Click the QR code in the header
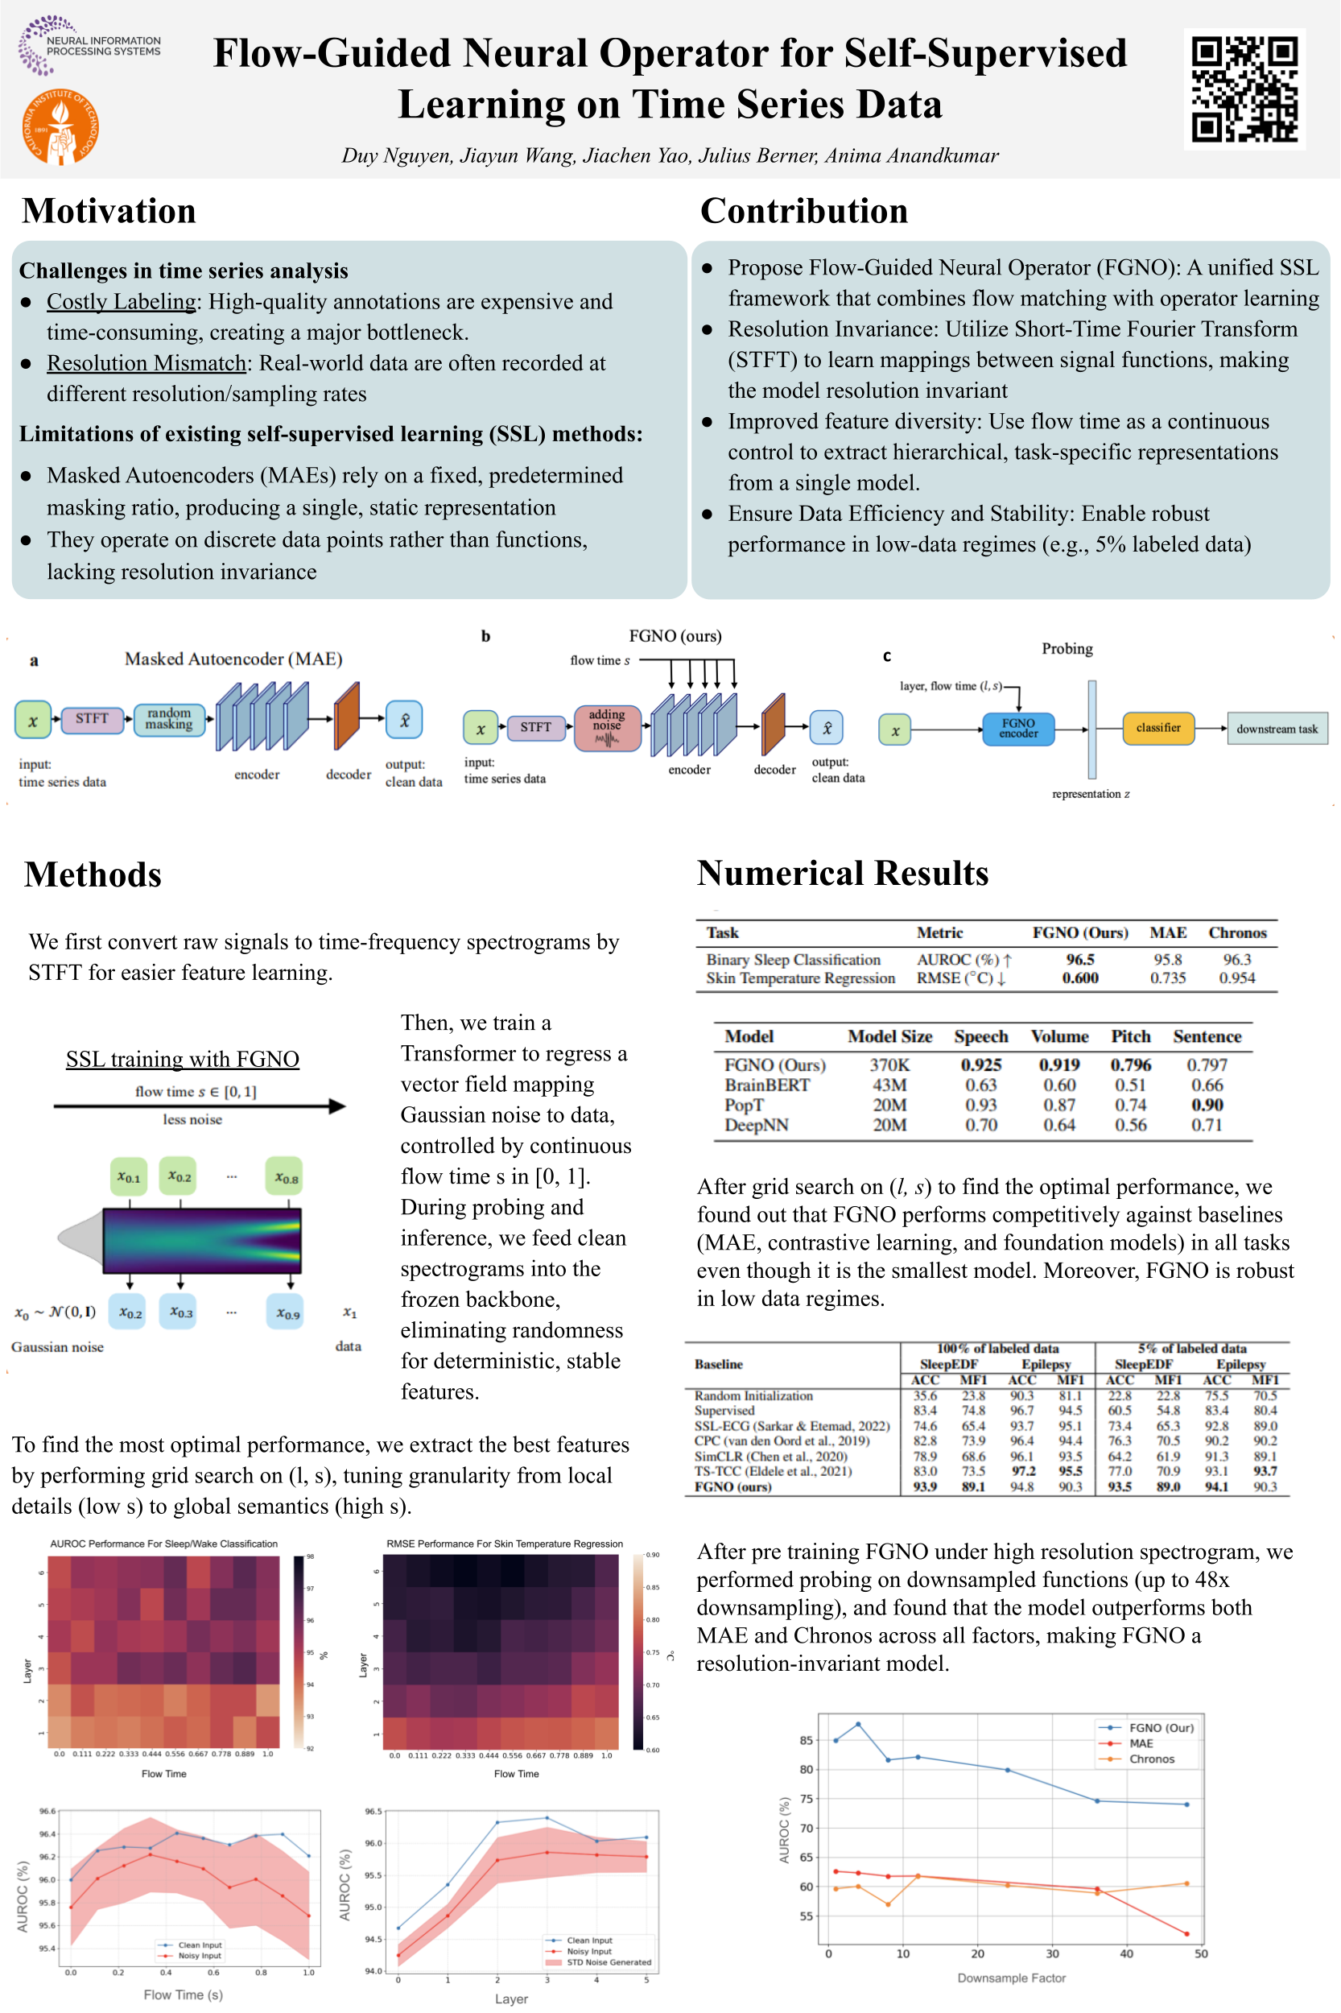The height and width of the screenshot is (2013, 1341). [1244, 89]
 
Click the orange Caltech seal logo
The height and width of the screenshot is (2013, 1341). [60, 126]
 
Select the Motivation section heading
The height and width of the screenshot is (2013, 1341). [109, 211]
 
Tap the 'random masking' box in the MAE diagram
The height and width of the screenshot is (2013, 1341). [168, 718]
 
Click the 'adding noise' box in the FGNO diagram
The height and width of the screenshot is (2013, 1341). [607, 728]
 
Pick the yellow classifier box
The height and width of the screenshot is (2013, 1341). [1158, 728]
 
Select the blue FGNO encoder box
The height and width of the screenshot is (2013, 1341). [1017, 728]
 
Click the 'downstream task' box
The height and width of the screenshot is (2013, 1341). [1276, 729]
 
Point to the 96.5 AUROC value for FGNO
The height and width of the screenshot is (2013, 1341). [1080, 959]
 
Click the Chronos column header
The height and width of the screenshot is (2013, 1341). [1236, 932]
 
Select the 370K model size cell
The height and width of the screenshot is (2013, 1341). [889, 1064]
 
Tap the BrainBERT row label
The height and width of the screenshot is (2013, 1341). [766, 1085]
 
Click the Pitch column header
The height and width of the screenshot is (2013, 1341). [1131, 1036]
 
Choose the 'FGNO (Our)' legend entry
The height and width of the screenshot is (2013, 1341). [1161, 1727]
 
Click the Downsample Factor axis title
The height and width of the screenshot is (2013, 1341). [1011, 1978]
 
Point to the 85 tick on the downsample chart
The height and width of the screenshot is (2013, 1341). [806, 1740]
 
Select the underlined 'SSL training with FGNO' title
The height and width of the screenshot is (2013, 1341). [182, 1059]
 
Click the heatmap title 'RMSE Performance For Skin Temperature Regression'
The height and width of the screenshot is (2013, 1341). [505, 1544]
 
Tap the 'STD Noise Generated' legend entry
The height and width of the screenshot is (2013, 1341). [608, 1962]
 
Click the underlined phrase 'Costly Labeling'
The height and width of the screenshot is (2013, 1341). [122, 301]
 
